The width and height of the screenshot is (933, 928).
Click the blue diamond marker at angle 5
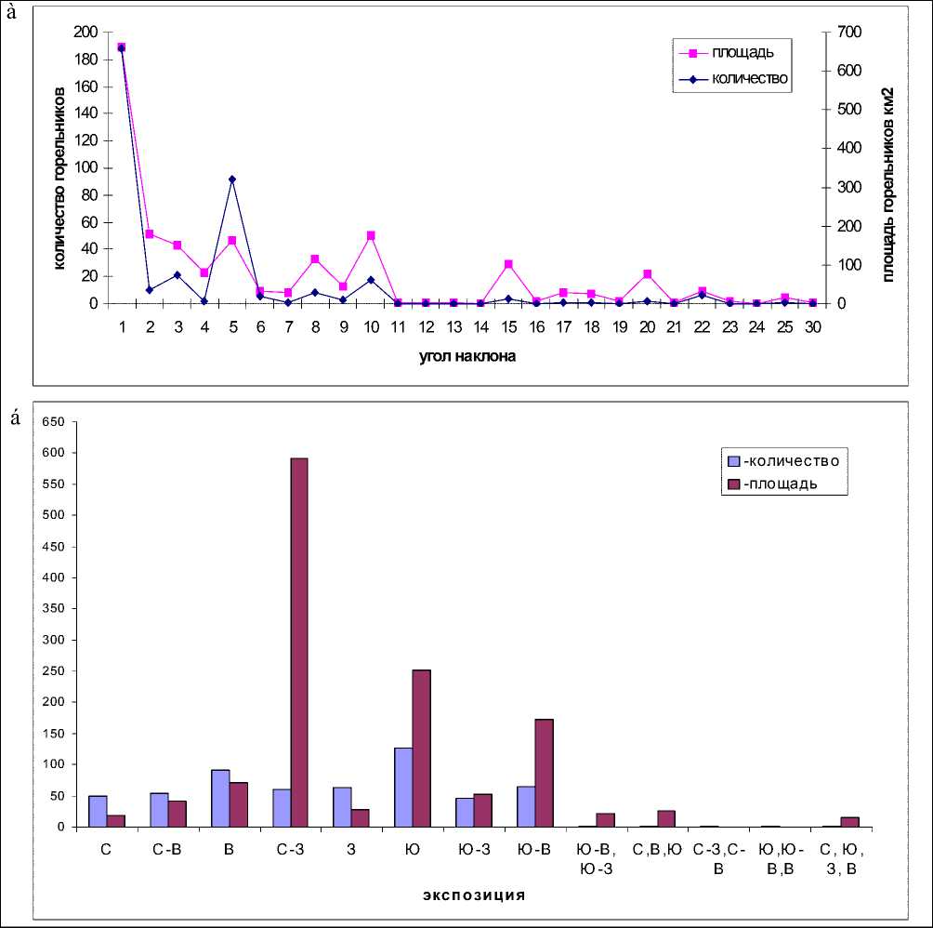(231, 179)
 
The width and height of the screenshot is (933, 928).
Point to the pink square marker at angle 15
(508, 264)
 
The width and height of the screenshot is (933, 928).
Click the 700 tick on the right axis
(848, 33)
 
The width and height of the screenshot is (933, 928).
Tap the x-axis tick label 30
(813, 326)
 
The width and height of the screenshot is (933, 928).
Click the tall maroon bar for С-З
(298, 642)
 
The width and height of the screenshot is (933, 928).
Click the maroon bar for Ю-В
(544, 772)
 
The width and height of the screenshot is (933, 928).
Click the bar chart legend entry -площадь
(782, 484)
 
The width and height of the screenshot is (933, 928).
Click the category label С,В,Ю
(657, 848)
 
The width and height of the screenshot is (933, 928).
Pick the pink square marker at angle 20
(647, 274)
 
